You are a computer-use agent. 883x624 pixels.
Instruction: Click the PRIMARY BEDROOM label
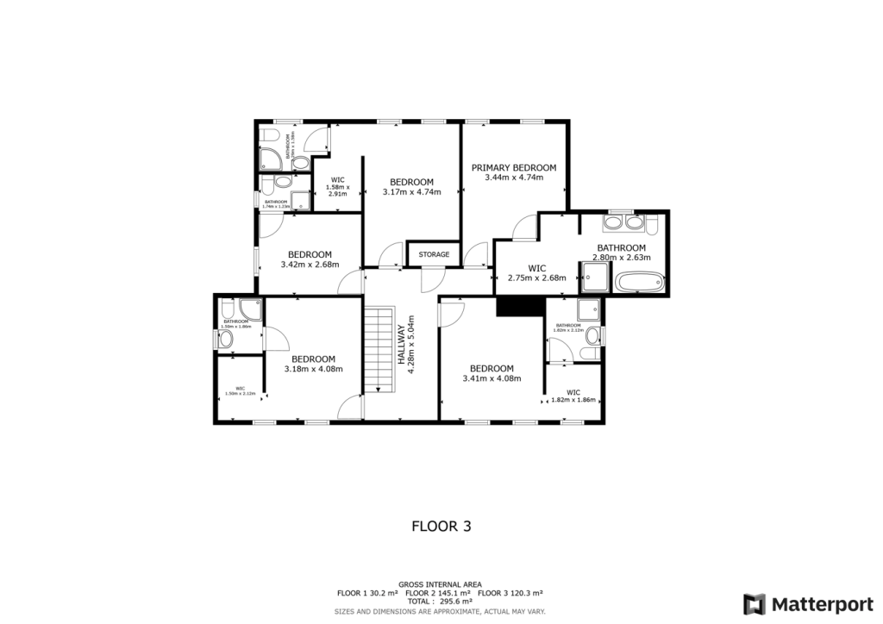click(513, 167)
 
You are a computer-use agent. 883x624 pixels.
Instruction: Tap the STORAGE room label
click(435, 254)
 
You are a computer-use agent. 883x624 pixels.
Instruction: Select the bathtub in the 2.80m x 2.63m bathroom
click(639, 281)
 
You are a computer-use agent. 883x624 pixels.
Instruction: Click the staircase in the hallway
click(378, 349)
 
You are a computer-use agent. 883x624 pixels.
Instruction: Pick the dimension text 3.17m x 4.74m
click(411, 192)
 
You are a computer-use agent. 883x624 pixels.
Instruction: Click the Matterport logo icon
click(755, 603)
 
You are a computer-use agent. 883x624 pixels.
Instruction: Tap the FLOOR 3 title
click(441, 525)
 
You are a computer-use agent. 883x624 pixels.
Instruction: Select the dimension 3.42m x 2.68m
click(310, 265)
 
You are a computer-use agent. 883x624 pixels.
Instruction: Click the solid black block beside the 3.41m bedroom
click(517, 306)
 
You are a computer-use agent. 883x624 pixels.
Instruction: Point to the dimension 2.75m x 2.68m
click(536, 278)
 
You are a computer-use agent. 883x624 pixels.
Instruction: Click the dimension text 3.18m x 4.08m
click(313, 369)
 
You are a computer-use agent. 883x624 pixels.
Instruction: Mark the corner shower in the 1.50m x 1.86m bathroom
click(251, 309)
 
